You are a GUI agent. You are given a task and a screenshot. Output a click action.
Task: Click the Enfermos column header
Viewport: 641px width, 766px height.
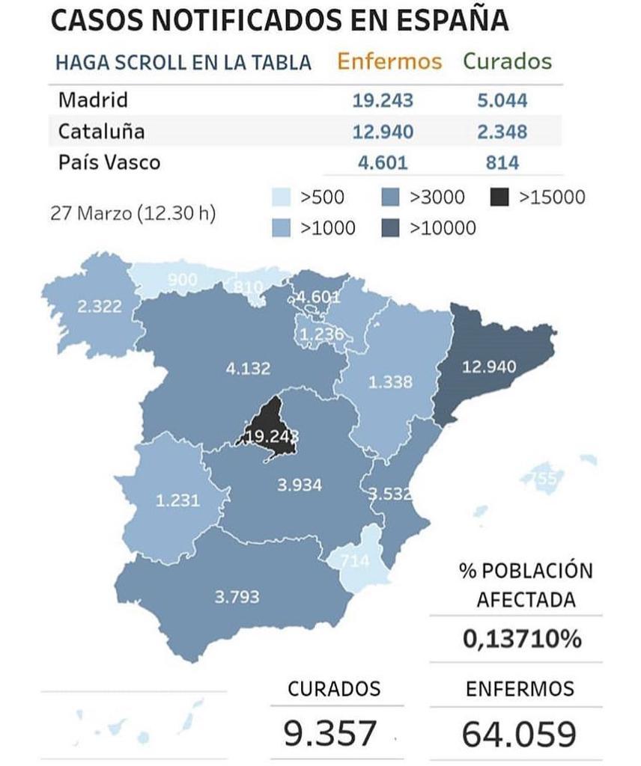[389, 61]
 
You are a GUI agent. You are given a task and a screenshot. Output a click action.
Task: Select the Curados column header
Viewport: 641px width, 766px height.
[507, 61]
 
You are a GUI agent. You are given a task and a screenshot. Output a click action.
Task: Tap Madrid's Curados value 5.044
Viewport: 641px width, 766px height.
[502, 100]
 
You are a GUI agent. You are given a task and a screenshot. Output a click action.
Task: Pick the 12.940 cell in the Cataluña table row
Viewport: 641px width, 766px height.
[383, 132]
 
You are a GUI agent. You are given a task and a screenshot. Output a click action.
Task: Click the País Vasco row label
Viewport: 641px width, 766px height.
[109, 162]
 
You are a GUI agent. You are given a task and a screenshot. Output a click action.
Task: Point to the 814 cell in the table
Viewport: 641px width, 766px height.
[502, 162]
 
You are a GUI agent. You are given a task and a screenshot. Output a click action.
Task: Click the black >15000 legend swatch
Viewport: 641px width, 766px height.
[499, 197]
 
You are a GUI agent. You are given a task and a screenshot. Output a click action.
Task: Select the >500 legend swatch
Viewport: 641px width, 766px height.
[281, 197]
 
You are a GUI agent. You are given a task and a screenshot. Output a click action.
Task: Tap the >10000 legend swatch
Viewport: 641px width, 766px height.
[390, 228]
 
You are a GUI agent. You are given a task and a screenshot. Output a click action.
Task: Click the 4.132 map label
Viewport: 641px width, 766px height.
[248, 368]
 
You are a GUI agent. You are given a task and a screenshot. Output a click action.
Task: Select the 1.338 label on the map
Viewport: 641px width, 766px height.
[390, 382]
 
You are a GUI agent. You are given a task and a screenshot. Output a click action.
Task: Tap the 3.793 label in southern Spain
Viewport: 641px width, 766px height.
[237, 596]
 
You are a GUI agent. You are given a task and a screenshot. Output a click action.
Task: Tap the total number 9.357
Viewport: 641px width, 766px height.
[329, 732]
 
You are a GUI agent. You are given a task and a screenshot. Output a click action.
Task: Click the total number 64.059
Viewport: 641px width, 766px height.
[519, 732]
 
